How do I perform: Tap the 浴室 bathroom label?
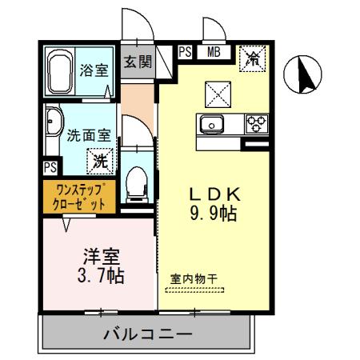click(x=94, y=70)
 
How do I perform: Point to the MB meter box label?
click(x=214, y=54)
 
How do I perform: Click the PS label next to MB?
click(x=185, y=54)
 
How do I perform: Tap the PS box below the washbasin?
click(x=50, y=167)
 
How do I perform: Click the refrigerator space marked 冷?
click(x=253, y=58)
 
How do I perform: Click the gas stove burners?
click(x=257, y=124)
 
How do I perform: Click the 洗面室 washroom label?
click(x=89, y=135)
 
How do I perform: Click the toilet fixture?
click(x=137, y=183)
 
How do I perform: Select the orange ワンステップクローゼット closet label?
click(x=79, y=196)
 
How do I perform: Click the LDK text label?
click(x=214, y=195)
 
